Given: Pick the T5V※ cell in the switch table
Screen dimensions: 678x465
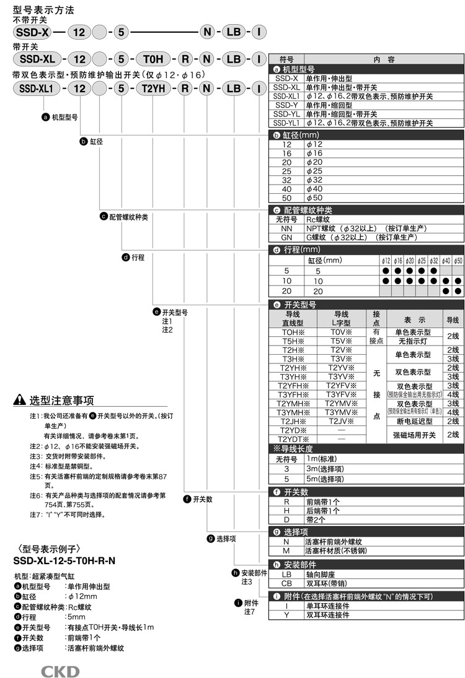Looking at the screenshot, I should coord(341,341).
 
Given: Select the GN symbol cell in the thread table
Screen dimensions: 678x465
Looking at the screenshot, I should coord(286,237).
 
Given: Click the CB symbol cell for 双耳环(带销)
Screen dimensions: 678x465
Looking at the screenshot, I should coord(286,583).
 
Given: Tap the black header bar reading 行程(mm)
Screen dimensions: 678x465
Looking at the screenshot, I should coord(366,250).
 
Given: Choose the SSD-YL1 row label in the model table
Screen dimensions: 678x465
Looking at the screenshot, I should coord(286,123).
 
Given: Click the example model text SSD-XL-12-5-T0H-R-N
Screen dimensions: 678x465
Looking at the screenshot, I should coord(64,560).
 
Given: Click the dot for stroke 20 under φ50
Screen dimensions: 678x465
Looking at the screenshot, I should coord(458,290).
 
